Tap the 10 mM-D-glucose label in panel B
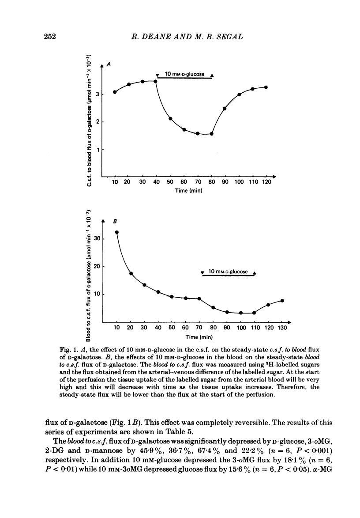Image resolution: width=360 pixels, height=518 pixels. (228, 271)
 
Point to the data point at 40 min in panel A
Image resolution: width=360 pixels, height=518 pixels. (155, 81)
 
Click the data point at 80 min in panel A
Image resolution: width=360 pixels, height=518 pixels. (212, 134)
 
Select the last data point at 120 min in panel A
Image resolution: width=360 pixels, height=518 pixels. (266, 87)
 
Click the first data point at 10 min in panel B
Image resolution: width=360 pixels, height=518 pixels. (117, 232)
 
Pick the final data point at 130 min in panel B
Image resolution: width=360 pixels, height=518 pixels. (282, 301)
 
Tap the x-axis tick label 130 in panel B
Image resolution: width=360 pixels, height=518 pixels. (282, 329)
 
